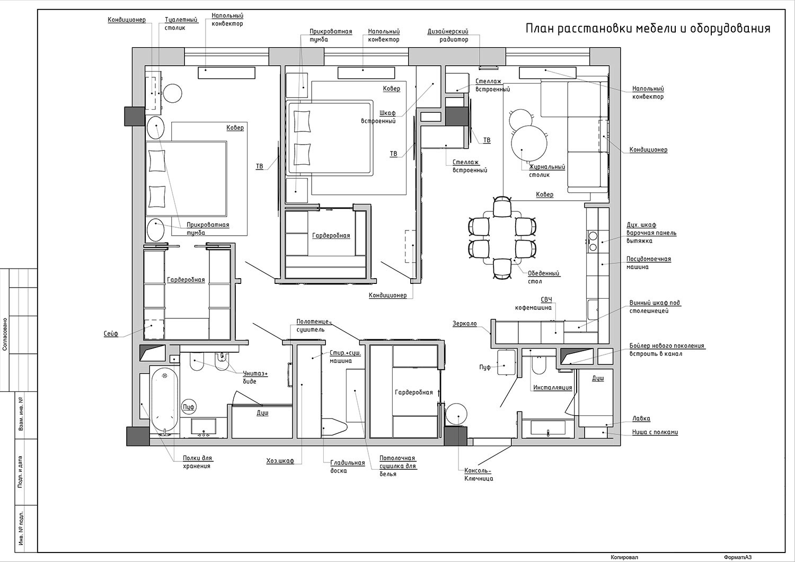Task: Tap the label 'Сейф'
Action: coord(111,334)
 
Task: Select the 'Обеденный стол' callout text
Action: coord(544,278)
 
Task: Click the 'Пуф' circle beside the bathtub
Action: coord(189,407)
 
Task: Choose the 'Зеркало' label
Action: coord(465,324)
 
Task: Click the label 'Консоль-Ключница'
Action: coord(479,475)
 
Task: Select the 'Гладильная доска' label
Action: coord(348,467)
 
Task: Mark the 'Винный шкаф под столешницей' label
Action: coord(655,307)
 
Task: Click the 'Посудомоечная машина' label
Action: coord(648,263)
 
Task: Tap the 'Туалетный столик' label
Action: coord(181,23)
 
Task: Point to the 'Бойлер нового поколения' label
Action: coord(667,345)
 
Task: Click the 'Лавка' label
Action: coord(641,418)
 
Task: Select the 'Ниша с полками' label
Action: coord(655,432)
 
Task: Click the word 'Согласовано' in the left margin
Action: coord(5,334)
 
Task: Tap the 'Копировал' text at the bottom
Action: coord(624,557)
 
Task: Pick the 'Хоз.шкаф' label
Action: coord(280,461)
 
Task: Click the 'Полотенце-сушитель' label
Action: coord(314,326)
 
